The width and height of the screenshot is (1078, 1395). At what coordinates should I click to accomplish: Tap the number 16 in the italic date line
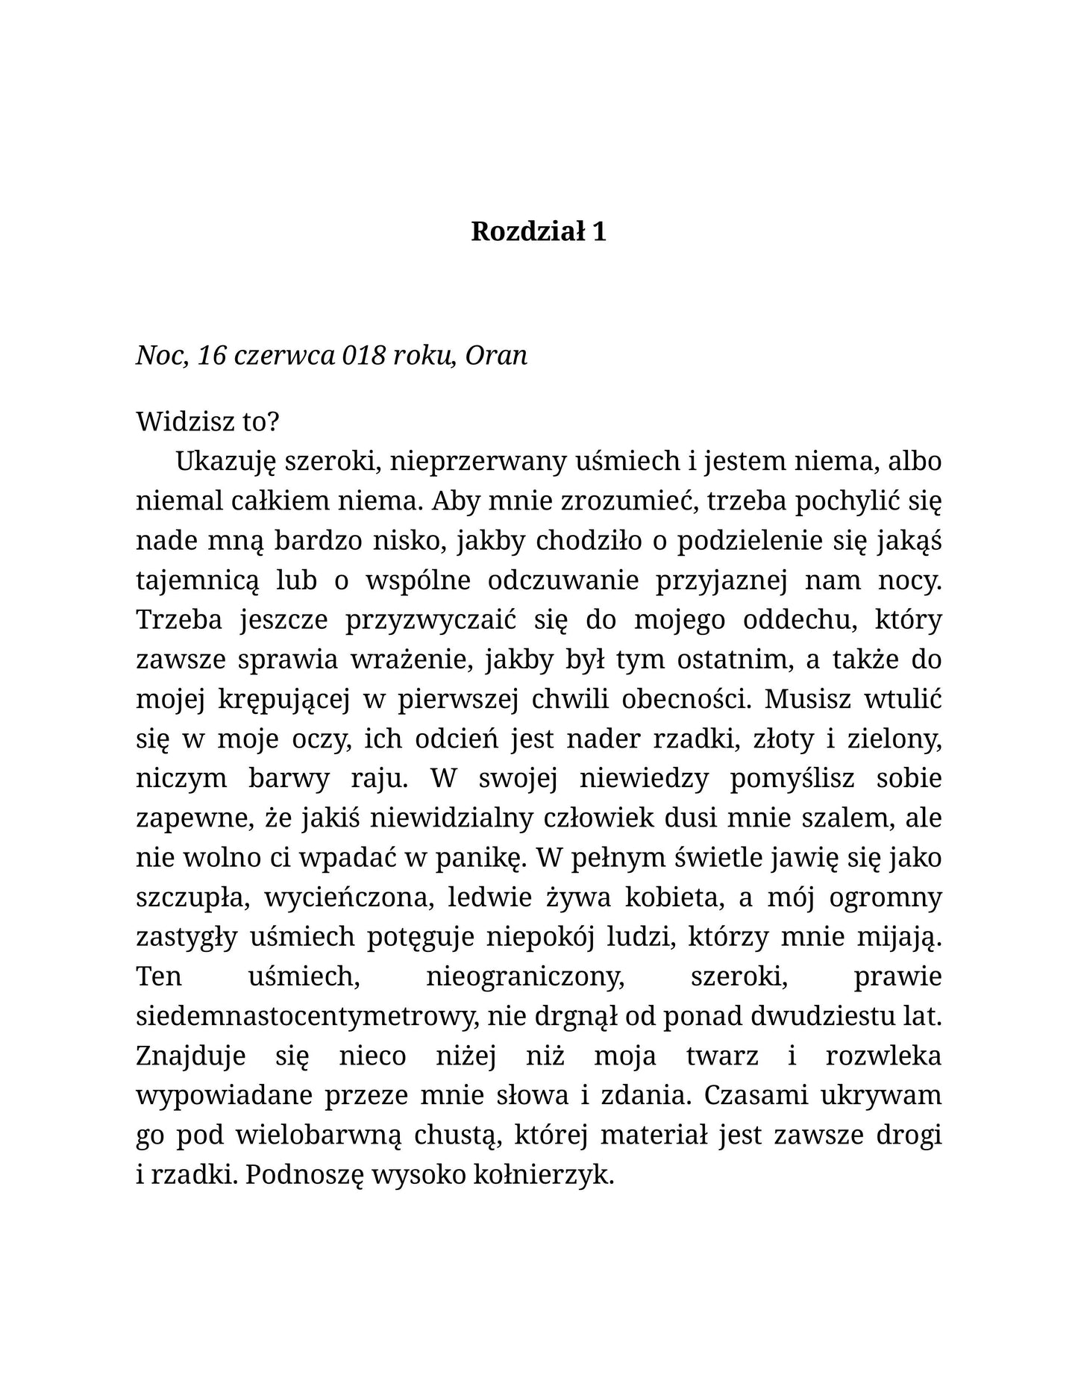point(212,355)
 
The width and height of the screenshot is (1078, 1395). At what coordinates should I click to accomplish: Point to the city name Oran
point(496,355)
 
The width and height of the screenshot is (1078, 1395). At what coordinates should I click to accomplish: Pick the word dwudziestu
point(814,1016)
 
